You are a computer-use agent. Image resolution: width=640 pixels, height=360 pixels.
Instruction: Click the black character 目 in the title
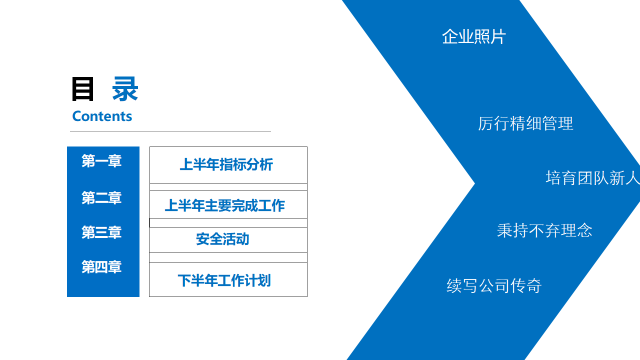pos(82,89)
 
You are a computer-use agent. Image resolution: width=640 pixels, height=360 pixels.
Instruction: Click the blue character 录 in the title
pos(125,89)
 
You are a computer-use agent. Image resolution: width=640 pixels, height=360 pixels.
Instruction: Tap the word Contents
pos(102,116)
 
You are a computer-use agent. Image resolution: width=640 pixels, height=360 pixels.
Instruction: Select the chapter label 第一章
pos(101,161)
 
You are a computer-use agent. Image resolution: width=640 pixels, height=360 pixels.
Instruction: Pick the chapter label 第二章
pos(101,197)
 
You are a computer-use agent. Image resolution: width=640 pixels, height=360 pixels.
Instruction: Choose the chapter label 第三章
pos(101,232)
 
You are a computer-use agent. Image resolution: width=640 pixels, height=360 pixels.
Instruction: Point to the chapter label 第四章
pos(101,267)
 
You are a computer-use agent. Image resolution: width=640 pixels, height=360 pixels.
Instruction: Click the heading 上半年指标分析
pos(226,164)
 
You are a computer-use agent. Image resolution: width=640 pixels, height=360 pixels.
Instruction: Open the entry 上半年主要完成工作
pos(225,205)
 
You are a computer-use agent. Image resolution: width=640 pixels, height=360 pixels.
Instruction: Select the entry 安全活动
pos(222,239)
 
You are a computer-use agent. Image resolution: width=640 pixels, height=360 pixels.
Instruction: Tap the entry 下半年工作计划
pos(224,280)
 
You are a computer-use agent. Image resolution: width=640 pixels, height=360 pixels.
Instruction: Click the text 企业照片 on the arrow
pos(474,37)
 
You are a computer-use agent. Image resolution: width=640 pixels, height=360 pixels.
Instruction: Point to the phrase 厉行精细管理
pos(525,123)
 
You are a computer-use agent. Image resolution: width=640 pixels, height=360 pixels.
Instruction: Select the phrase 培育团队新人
pos(593,178)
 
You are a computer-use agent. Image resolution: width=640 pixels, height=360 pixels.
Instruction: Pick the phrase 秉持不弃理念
pos(544,230)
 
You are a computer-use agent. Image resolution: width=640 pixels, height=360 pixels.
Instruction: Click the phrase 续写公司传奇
pos(494,285)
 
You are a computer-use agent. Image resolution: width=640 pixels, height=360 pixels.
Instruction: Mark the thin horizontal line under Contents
pos(170,131)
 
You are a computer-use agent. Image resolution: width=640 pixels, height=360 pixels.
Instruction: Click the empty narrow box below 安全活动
pos(228,257)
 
